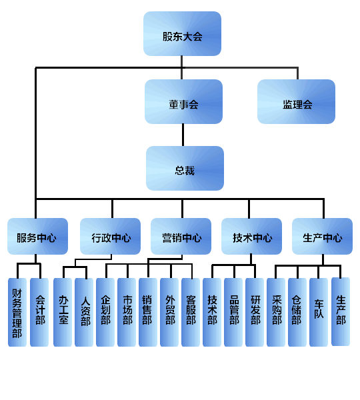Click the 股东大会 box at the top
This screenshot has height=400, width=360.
[182, 33]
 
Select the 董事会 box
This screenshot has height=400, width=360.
[183, 101]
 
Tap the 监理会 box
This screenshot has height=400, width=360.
[296, 101]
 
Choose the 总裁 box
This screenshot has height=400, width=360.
[185, 168]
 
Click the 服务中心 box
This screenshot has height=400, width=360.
[38, 236]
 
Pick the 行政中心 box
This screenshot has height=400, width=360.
[110, 236]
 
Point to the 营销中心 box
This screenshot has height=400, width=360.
[181, 236]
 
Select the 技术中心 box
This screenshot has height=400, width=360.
[251, 236]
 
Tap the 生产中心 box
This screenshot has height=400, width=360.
[322, 236]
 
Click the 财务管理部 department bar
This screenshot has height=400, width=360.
[17, 312]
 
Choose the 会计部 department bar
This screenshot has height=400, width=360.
[39, 312]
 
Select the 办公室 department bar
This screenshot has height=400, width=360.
[63, 312]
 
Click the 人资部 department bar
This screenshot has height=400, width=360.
[84, 312]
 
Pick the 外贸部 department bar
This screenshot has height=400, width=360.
[169, 312]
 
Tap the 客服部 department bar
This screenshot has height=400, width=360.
[191, 312]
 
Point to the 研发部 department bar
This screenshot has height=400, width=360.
[255, 312]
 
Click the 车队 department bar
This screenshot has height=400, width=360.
[319, 312]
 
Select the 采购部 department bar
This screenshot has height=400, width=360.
[276, 312]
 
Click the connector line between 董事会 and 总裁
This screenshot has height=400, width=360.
[183, 135]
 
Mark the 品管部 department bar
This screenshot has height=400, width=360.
[233, 312]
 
